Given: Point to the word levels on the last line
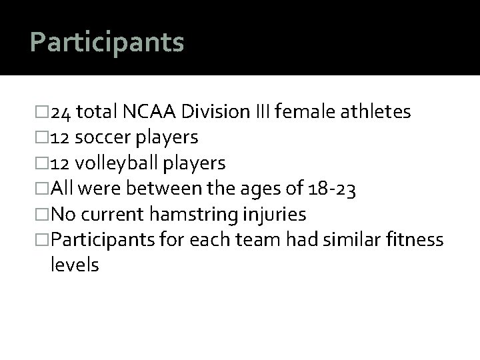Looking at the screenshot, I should point(75,266).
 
